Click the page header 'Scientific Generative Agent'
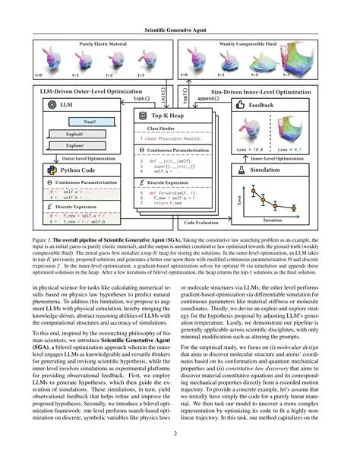tap(180, 28)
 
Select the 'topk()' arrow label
tap(142, 98)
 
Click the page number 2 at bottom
tap(180, 455)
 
